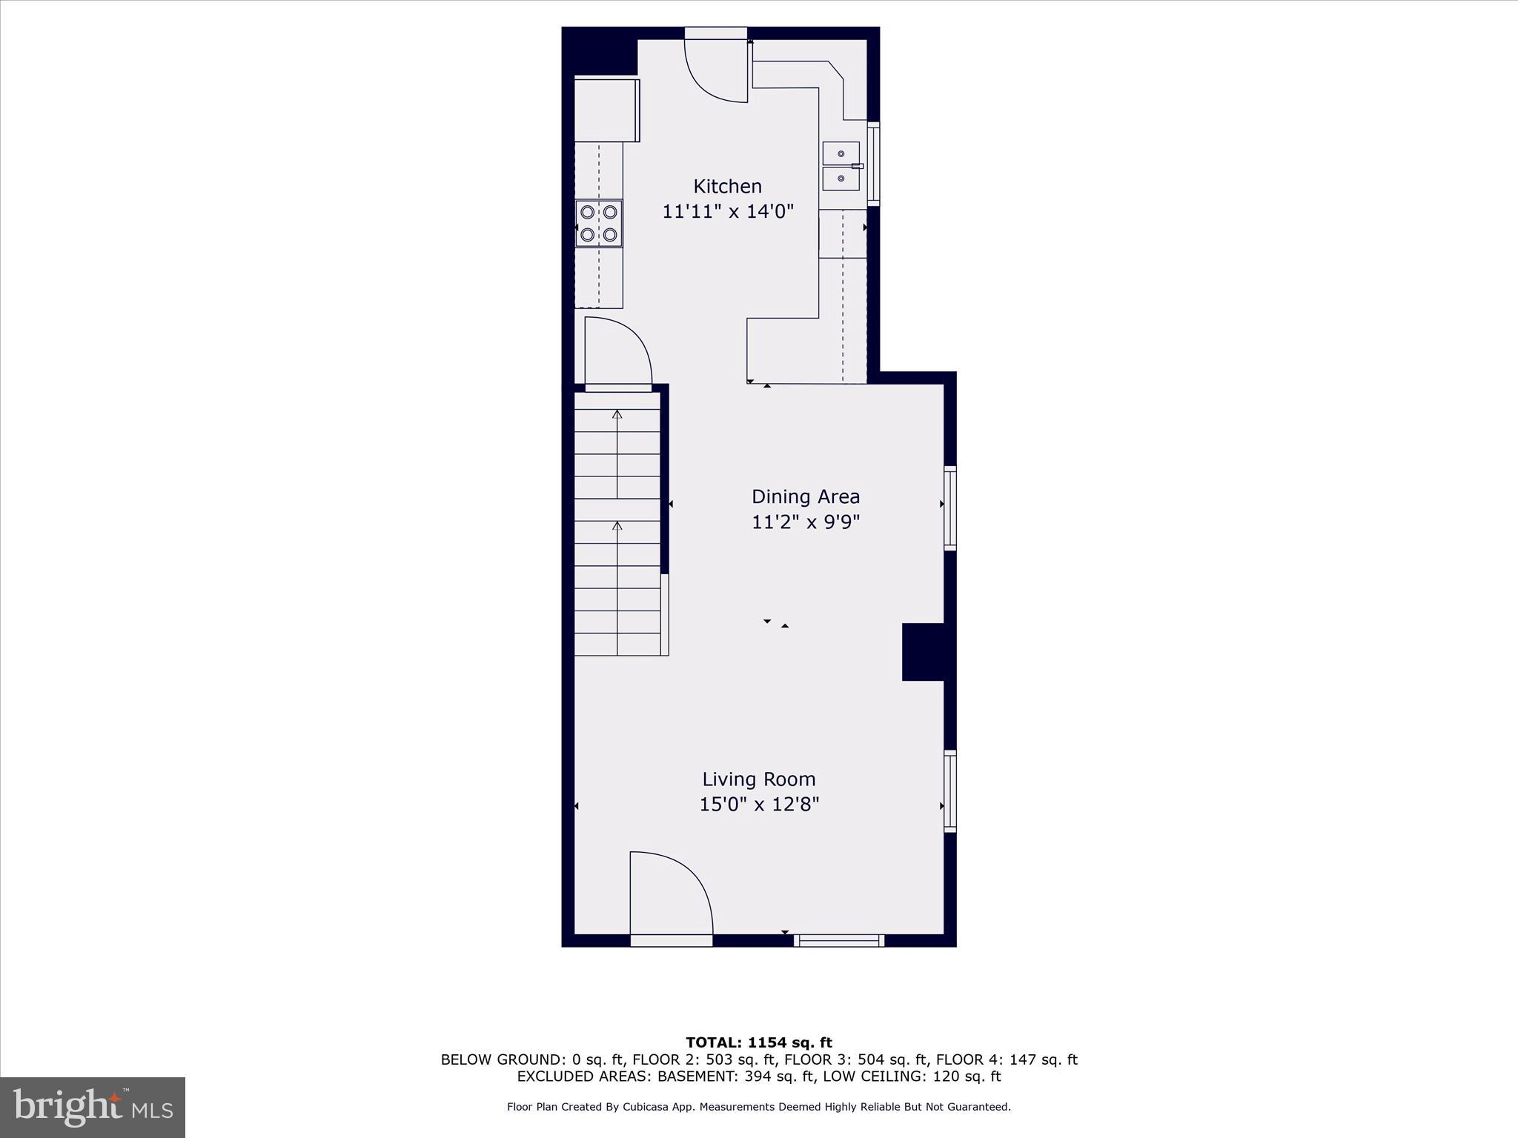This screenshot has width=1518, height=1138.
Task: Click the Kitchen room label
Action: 727,186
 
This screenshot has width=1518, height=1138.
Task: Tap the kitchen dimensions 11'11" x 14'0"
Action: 727,212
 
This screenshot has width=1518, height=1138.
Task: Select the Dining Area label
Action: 805,496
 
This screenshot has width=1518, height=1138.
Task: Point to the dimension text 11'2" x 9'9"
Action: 805,522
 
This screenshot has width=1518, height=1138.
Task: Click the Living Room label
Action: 758,779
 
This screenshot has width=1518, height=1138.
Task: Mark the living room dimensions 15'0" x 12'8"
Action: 758,805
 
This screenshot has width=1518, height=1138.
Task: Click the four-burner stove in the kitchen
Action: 599,224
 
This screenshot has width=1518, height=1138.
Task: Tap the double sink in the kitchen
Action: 841,166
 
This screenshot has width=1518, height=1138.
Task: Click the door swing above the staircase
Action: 617,353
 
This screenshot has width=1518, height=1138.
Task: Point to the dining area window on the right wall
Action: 949,508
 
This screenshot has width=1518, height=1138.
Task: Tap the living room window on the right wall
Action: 949,791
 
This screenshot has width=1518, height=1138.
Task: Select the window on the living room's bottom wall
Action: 838,940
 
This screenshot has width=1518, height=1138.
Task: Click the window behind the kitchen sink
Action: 873,164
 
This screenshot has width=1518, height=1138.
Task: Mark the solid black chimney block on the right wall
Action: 923,652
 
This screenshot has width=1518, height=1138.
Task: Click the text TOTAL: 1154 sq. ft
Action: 758,1043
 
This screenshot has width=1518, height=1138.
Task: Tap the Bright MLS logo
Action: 93,1107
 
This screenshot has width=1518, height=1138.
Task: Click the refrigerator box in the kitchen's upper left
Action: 606,110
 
